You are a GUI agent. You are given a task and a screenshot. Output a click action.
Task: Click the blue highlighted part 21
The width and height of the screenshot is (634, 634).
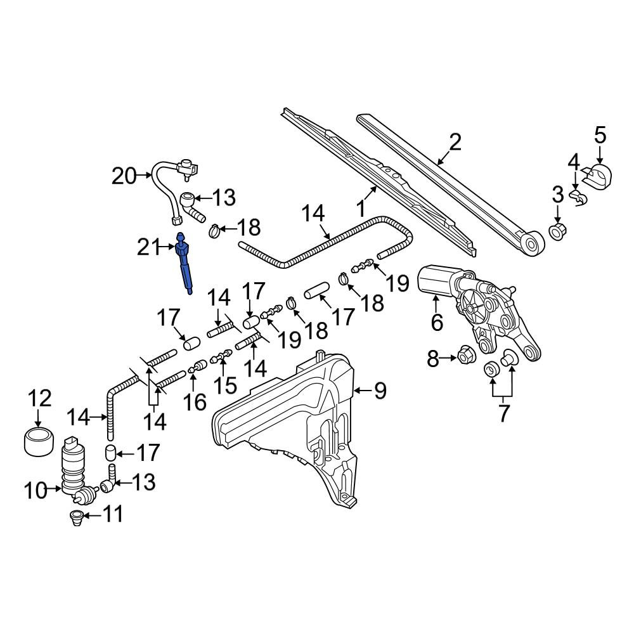pyautogui.click(x=184, y=263)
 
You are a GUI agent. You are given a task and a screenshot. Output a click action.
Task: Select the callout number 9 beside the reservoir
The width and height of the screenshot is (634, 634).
pyautogui.click(x=380, y=391)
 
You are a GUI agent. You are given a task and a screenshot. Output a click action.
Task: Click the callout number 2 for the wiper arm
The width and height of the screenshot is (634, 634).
pyautogui.click(x=455, y=143)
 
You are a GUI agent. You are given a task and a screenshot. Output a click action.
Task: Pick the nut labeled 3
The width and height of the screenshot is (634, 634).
pyautogui.click(x=557, y=231)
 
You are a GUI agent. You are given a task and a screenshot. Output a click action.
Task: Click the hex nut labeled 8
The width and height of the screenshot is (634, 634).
pyautogui.click(x=466, y=355)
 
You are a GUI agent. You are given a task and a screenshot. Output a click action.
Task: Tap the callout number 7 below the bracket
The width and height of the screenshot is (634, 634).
pyautogui.click(x=503, y=413)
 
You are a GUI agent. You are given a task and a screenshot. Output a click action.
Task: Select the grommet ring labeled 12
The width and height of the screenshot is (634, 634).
pyautogui.click(x=39, y=443)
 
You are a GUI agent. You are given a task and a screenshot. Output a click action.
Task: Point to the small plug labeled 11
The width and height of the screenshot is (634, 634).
pyautogui.click(x=76, y=517)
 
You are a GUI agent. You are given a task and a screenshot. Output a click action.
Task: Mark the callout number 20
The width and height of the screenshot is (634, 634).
pyautogui.click(x=124, y=176)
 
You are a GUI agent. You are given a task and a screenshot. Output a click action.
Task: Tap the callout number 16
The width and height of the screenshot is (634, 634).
pyautogui.click(x=195, y=402)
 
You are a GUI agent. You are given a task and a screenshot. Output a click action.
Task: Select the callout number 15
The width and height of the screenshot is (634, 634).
pyautogui.click(x=225, y=385)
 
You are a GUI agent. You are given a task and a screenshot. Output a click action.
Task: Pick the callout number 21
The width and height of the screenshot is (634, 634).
pyautogui.click(x=149, y=247)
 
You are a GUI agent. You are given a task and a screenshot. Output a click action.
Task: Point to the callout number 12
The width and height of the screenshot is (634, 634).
pyautogui.click(x=39, y=398)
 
